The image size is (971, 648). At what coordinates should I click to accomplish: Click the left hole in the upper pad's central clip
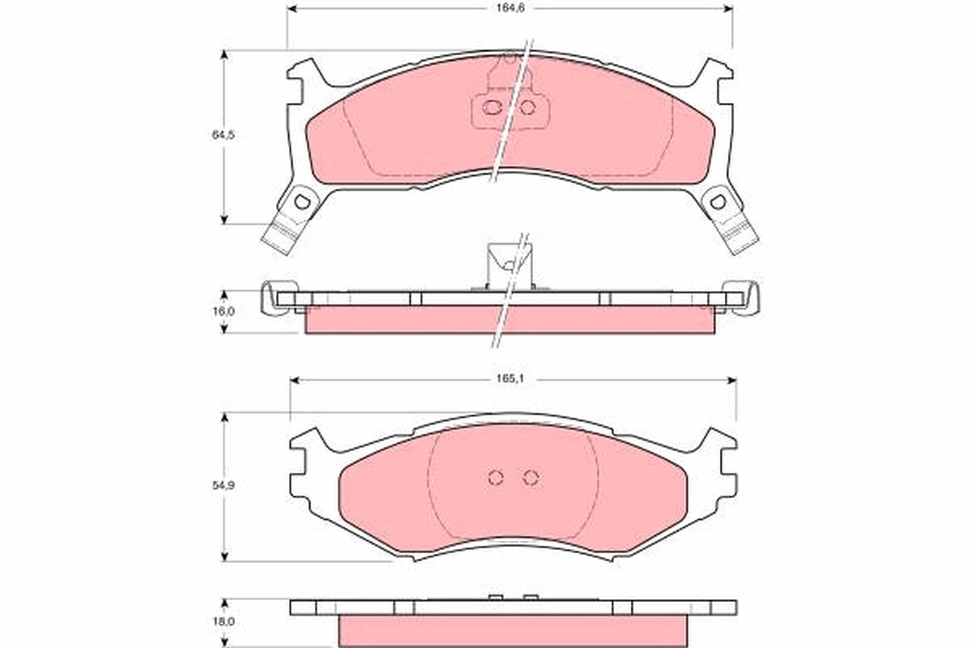[490, 107]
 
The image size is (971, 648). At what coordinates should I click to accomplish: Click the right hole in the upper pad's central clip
[527, 107]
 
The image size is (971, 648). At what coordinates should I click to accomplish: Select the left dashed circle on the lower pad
[496, 477]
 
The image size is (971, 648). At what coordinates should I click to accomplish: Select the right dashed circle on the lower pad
[530, 477]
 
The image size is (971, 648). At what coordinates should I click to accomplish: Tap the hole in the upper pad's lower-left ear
[303, 202]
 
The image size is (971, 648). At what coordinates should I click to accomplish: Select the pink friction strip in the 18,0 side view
[513, 629]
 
